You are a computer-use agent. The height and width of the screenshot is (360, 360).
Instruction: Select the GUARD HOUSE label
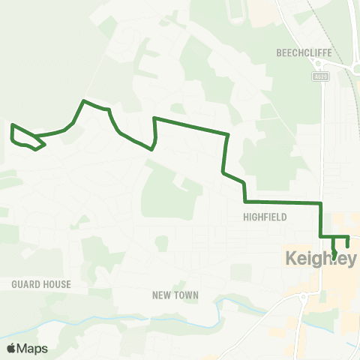pyautogui.click(x=41, y=284)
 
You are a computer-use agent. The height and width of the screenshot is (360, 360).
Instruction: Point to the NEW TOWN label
pyautogui.click(x=175, y=295)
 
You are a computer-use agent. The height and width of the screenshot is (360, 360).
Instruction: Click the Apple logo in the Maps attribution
pyautogui.click(x=11, y=348)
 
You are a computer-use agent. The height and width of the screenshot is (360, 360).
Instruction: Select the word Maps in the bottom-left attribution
pyautogui.click(x=32, y=348)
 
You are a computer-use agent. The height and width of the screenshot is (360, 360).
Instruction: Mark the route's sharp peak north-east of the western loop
pyautogui.click(x=84, y=100)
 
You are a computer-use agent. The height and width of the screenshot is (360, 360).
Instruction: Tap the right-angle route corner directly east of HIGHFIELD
pyautogui.click(x=321, y=203)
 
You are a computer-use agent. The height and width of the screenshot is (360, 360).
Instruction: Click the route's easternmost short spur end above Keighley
pyautogui.click(x=348, y=247)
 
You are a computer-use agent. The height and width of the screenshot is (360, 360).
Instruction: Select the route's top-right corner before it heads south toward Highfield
pyautogui.click(x=227, y=135)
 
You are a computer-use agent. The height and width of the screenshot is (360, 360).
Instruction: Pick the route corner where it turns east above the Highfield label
pyautogui.click(x=245, y=202)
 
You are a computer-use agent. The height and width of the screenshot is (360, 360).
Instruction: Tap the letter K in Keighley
pyautogui.click(x=292, y=259)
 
